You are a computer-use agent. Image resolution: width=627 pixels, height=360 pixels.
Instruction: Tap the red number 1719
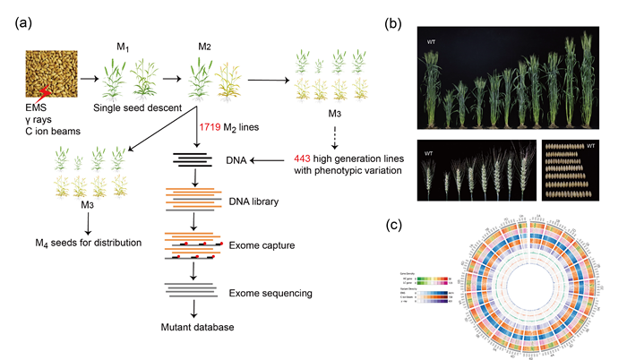click(212, 129)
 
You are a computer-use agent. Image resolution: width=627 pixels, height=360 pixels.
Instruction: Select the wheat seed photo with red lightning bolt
click(49, 73)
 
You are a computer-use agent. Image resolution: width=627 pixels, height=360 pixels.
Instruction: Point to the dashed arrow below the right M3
click(333, 131)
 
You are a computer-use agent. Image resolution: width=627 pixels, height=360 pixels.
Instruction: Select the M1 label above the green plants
click(125, 46)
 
